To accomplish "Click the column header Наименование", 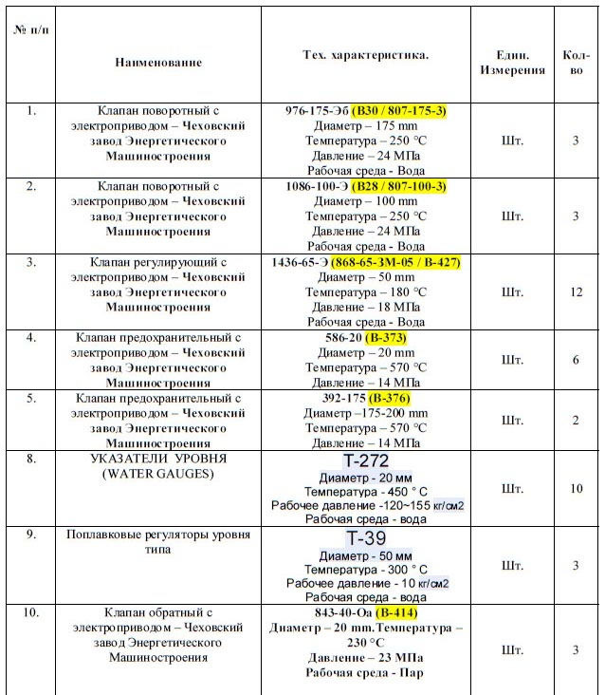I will tap(158, 63).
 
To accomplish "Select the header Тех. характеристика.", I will tap(365, 54).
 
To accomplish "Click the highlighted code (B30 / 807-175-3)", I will tap(399, 111).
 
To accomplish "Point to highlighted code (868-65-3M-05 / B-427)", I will tap(406, 261).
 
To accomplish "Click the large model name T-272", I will tap(366, 460).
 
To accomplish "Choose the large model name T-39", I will tap(366, 537).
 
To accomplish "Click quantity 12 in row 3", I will tap(576, 291).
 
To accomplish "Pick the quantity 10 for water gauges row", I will tap(576, 489).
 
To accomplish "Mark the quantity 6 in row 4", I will tap(576, 360).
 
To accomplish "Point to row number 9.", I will tap(31, 535).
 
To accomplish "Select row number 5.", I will tap(31, 398).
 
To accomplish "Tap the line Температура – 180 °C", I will tap(366, 292).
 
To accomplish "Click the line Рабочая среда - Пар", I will tap(365, 673).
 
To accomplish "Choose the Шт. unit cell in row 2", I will tap(512, 216).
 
